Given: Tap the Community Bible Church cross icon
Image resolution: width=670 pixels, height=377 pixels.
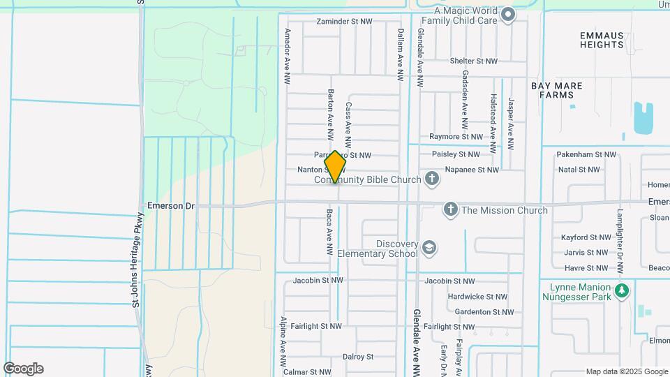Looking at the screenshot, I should coord(432,179).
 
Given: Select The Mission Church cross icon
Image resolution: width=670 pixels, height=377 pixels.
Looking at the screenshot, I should coord(451,209).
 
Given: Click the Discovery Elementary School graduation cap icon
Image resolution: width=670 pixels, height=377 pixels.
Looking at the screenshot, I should coord(429,248).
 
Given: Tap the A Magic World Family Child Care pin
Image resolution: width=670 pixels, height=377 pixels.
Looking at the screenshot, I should coord(509,14).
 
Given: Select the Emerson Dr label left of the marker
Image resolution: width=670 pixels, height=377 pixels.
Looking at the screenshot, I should coord(170,206).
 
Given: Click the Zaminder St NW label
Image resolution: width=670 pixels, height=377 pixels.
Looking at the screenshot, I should coord(347,22).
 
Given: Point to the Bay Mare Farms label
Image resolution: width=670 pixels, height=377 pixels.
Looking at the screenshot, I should coord(556,90).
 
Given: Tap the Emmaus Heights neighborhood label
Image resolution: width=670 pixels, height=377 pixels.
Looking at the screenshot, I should coord(601,39).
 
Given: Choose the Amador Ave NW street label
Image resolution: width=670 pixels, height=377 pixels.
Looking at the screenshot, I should coord(286,57).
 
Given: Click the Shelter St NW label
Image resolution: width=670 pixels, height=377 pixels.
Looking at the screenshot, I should coord(474,61).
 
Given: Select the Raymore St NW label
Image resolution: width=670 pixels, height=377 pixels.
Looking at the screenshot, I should coord(456,137).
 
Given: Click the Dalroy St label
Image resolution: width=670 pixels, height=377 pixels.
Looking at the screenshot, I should coord(358,356).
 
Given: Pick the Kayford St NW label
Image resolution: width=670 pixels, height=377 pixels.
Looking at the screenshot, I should coord(586,237).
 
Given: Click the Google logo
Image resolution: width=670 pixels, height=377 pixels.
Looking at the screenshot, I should coord(23,368).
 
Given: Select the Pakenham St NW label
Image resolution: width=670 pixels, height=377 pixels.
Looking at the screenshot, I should coord(587,154).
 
